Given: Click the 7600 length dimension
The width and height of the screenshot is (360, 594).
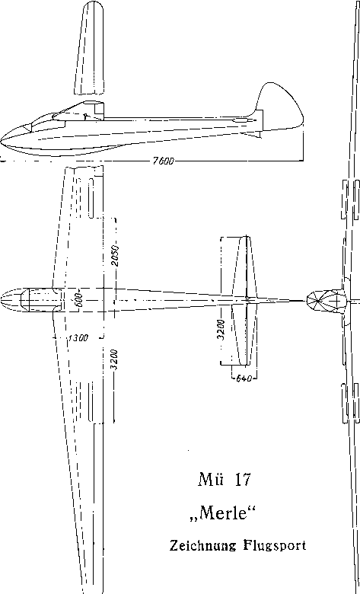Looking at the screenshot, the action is point(163,161).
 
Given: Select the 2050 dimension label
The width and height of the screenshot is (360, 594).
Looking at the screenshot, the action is point(116,256).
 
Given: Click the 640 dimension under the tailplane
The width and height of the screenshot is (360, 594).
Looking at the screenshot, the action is point(244,378).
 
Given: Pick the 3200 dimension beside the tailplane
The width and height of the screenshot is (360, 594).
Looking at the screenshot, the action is point(223,330).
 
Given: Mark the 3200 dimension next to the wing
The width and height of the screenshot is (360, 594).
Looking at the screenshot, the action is point(116,359).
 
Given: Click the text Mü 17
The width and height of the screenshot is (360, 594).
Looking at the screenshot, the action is point(224,480).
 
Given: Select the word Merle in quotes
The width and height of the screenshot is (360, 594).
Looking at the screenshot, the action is point(222,513).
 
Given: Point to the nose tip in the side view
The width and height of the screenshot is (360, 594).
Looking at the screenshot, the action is point(1,140).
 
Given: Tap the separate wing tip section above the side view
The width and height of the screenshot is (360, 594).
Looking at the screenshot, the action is point(89,47).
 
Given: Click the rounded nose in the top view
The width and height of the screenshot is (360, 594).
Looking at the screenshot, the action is point(11,300).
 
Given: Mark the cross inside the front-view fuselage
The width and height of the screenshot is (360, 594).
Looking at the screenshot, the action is point(336,301).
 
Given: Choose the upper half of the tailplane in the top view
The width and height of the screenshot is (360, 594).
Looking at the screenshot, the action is point(244,267).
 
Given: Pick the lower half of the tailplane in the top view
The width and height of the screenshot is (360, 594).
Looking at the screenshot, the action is point(244,334).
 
